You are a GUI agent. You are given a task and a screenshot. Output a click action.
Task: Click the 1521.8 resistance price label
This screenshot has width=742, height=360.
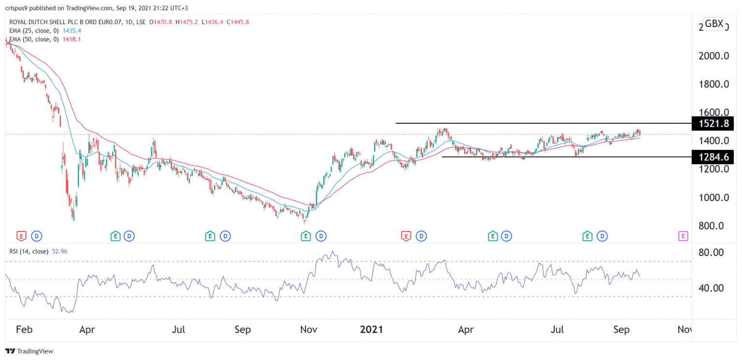[x=713, y=124]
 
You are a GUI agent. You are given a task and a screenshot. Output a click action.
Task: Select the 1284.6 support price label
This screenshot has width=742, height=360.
[x=713, y=157]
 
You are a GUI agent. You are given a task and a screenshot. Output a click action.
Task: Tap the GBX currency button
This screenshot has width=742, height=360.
[x=713, y=24]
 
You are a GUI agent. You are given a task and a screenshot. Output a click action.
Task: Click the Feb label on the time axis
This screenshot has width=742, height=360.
[x=24, y=330]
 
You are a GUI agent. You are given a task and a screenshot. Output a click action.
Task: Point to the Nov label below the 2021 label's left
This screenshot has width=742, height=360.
[x=308, y=330]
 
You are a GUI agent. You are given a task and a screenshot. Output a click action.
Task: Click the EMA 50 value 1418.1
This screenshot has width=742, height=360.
[x=71, y=39]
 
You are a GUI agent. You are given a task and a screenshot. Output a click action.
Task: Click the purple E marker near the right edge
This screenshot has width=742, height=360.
[x=683, y=236]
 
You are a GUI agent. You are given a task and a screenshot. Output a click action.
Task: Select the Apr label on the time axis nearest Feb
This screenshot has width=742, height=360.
[x=86, y=330]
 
